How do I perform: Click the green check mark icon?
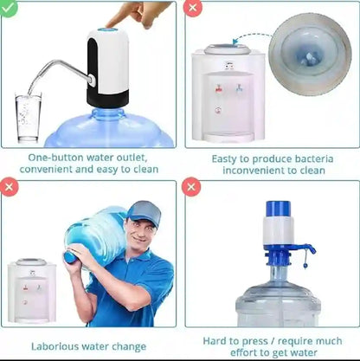coord(8,9)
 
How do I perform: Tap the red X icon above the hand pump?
coord(193,187)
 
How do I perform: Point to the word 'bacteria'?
coord(304,158)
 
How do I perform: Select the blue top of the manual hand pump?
coord(277,210)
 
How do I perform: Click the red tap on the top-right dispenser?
coord(219,88)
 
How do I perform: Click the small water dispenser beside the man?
coord(31,291)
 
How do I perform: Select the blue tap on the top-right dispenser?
coord(237,88)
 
